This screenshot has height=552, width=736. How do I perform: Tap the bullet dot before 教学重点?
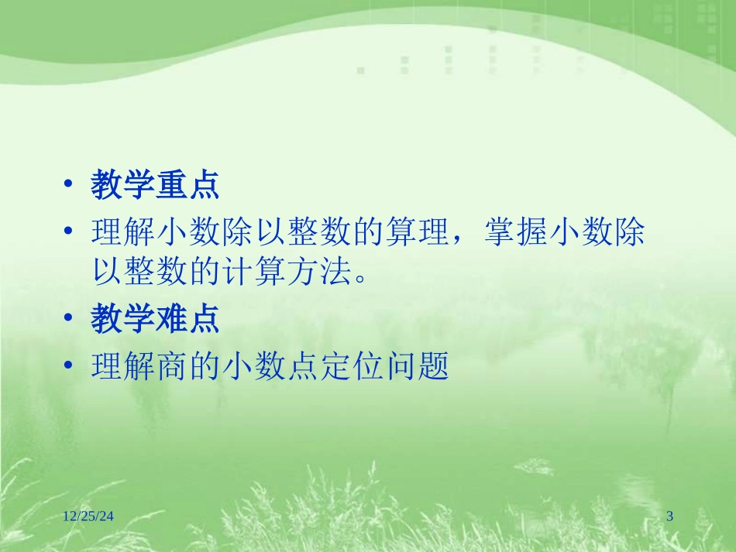pyautogui.click(x=69, y=187)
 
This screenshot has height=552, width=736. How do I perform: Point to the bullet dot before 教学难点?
pyautogui.click(x=69, y=321)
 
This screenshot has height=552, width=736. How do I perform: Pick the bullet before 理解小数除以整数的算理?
pyautogui.click(x=69, y=232)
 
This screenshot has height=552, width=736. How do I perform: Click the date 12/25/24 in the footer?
pyautogui.click(x=91, y=516)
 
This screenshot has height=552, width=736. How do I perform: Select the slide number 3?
pyautogui.click(x=670, y=516)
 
